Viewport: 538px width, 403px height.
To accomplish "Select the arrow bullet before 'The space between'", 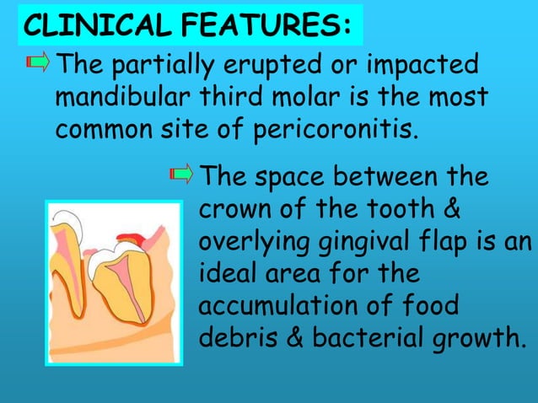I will coord(182,175).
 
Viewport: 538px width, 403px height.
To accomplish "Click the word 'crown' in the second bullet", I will coord(234,208).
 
